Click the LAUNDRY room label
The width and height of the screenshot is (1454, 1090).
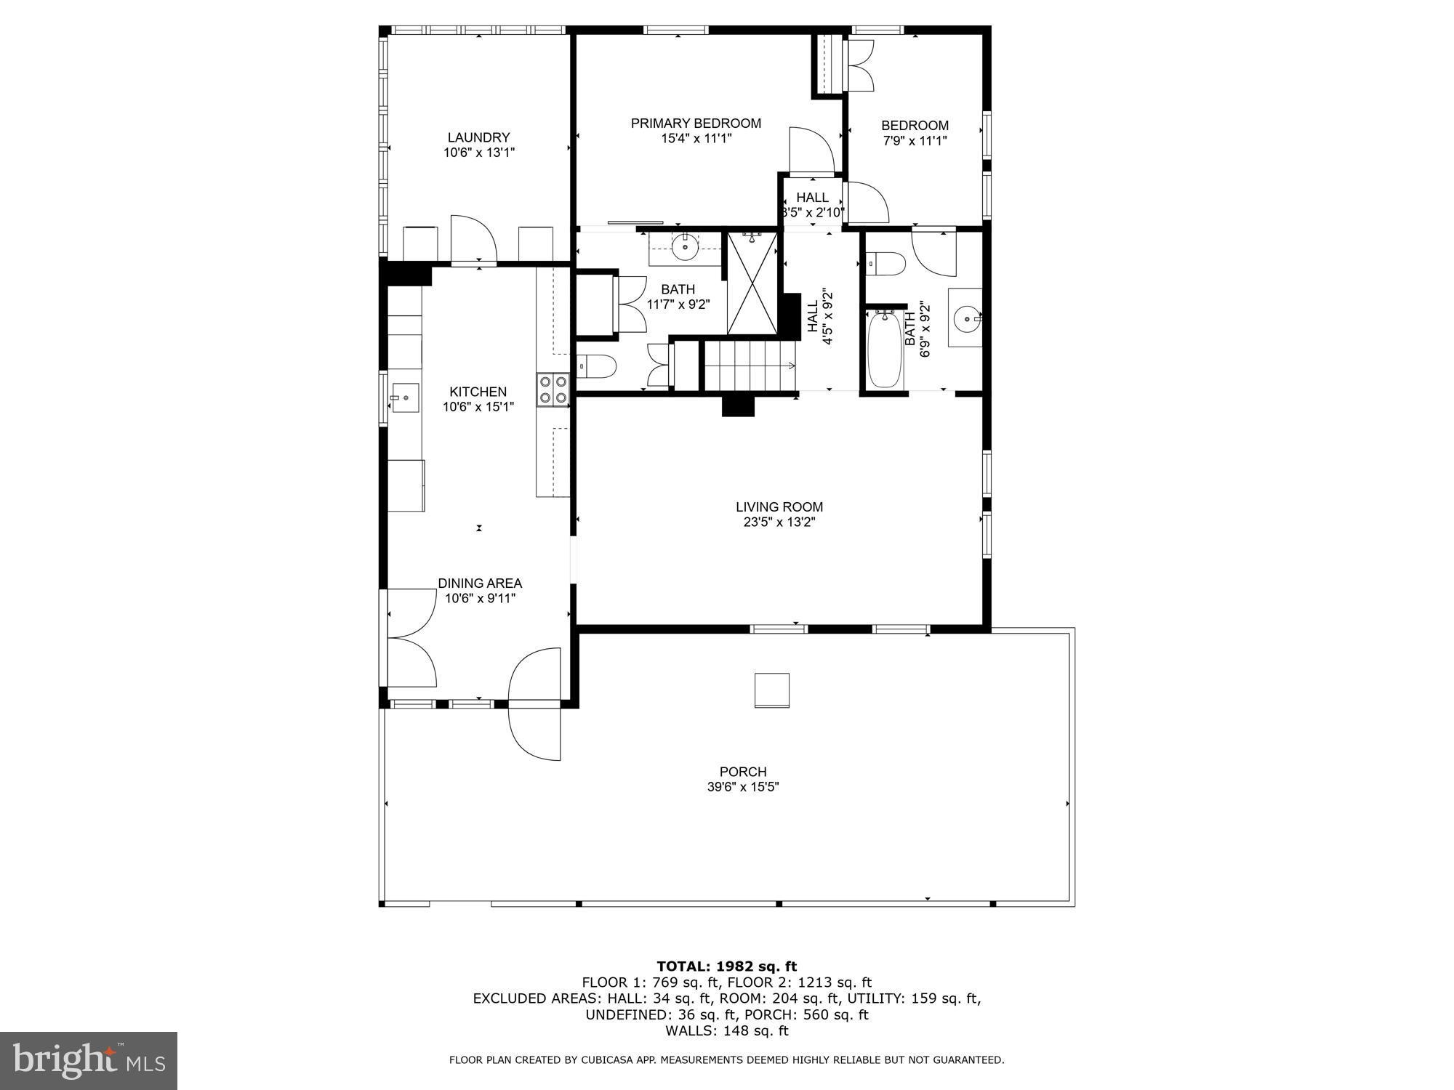(478, 137)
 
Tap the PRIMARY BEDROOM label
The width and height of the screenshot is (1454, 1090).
(696, 124)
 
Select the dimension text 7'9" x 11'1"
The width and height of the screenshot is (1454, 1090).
(915, 141)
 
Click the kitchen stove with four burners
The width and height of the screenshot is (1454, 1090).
(553, 389)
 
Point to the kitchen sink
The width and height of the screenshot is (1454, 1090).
(405, 397)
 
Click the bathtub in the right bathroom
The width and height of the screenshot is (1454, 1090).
(885, 349)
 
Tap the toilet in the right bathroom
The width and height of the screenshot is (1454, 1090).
(885, 264)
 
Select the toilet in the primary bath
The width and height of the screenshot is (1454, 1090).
(597, 367)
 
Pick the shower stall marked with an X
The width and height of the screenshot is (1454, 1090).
(752, 283)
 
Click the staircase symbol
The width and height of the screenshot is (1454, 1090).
(750, 366)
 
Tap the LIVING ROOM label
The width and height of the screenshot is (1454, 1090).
(779, 507)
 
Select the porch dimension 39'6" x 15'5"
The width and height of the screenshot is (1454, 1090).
(743, 787)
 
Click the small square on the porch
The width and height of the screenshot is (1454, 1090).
(771, 690)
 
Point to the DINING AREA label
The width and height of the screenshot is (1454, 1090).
(480, 584)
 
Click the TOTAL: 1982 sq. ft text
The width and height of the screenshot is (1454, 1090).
(726, 966)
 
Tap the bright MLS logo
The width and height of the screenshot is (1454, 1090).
(89, 1061)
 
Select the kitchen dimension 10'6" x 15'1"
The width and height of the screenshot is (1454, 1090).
(478, 407)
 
